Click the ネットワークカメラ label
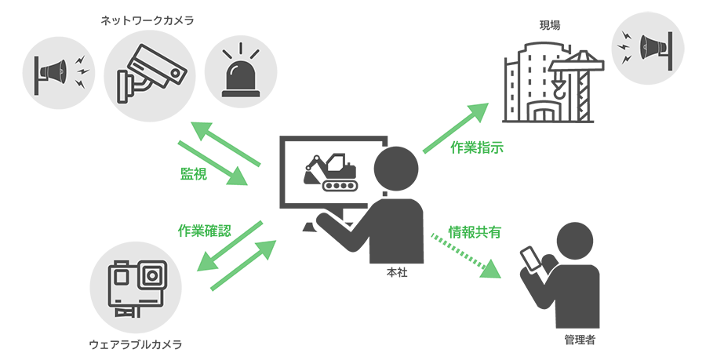coord(147,20)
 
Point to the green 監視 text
coord(194,174)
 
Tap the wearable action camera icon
coord(138,285)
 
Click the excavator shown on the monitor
coord(329,172)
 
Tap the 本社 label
coord(397,274)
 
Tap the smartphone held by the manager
coord(533,258)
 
